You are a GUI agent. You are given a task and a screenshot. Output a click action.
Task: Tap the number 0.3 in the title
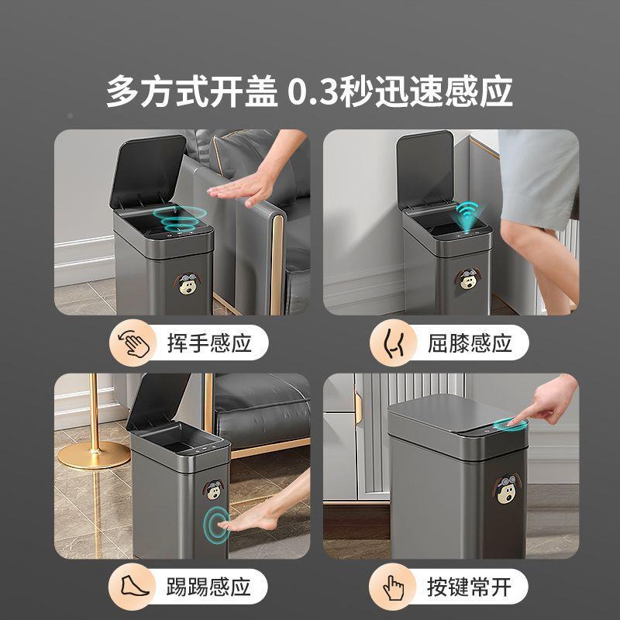[313, 91]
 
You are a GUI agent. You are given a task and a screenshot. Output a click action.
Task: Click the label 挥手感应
[209, 343]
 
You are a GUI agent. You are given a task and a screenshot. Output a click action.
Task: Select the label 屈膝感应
[470, 343]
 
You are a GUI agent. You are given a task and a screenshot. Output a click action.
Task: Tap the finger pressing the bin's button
[546, 402]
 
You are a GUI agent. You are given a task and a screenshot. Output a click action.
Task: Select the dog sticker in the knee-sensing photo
[470, 277]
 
